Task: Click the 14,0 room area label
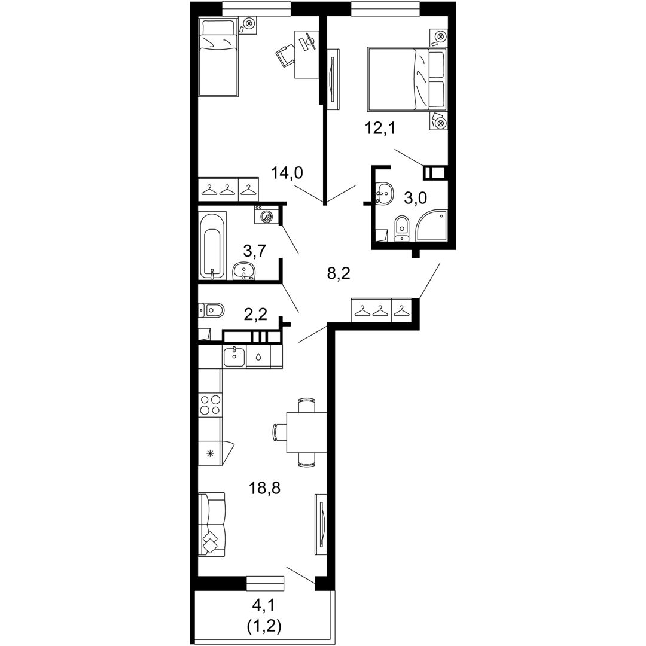click(x=287, y=173)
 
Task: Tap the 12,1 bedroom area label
click(x=379, y=128)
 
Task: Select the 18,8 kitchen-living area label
click(x=264, y=488)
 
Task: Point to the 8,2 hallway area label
click(x=339, y=273)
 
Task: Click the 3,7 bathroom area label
click(x=255, y=250)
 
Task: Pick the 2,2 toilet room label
click(x=255, y=315)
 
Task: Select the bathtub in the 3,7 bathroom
click(x=212, y=246)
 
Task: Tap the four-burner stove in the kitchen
click(x=210, y=404)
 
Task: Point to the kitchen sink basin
click(x=234, y=356)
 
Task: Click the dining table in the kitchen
click(x=306, y=432)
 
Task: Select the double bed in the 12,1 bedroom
click(x=407, y=79)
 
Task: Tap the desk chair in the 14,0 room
click(x=285, y=56)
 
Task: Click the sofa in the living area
click(x=212, y=525)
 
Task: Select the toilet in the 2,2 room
click(x=211, y=310)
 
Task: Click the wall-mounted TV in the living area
click(x=321, y=525)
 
